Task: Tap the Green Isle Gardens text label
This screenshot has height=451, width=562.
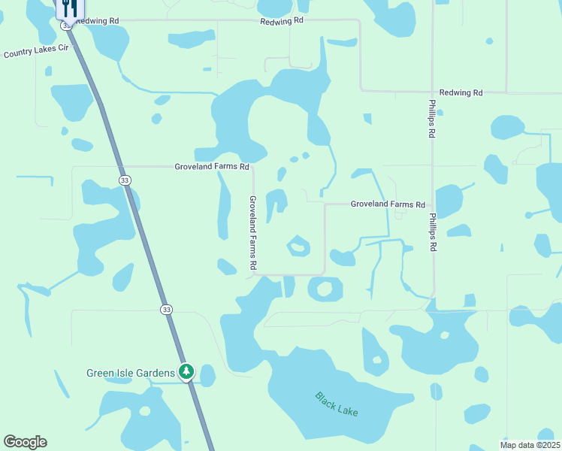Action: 131,373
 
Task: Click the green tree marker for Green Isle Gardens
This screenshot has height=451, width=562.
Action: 186,371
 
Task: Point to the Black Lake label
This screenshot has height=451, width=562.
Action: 336,404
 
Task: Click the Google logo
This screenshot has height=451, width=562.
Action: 25,442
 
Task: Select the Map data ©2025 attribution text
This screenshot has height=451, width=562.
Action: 529,445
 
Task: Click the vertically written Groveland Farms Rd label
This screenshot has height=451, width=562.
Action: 253,232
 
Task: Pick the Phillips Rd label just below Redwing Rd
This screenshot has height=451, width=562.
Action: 433,118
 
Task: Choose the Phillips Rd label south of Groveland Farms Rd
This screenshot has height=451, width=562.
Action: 433,232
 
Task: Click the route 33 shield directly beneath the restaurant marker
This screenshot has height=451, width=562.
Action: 67,26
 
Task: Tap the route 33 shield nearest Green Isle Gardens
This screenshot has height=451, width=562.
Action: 166,309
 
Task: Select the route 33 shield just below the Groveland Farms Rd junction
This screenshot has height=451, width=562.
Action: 124,180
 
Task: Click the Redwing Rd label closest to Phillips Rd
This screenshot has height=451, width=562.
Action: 461,92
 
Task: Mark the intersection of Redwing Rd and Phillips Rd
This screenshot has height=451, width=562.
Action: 433,92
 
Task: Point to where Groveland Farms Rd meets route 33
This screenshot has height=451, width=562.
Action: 120,166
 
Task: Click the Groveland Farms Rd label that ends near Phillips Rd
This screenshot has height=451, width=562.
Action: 388,204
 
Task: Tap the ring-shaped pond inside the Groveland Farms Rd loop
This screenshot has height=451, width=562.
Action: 298,245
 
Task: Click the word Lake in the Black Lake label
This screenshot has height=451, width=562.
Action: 347,410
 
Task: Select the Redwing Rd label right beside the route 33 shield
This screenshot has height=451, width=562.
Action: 98,20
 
